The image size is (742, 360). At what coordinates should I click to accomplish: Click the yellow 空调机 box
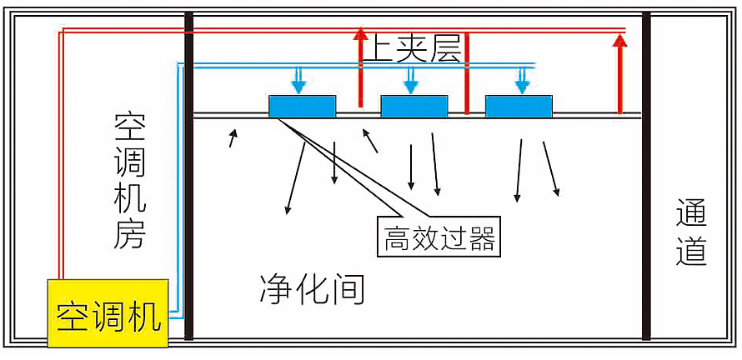point(109,314)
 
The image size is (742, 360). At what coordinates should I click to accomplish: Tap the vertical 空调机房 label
point(130,181)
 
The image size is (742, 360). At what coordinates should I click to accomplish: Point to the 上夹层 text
point(411,51)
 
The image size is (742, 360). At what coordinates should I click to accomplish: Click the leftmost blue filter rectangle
point(302,106)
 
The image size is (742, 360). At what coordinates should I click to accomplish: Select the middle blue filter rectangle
point(414,106)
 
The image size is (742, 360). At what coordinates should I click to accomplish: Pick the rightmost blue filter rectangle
point(519,106)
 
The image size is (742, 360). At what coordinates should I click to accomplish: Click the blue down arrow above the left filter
point(298,81)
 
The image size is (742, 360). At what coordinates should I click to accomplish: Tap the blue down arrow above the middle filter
point(409,81)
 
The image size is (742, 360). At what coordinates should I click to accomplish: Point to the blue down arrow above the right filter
point(523,81)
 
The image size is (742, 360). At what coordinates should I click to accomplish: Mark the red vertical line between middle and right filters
point(467,73)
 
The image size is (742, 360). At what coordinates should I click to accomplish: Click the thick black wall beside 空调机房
point(188,175)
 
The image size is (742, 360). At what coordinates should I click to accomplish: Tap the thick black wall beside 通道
point(646,175)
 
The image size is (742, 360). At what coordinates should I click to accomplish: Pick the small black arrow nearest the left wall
point(233,137)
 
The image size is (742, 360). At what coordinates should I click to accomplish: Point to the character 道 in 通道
point(691,252)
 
